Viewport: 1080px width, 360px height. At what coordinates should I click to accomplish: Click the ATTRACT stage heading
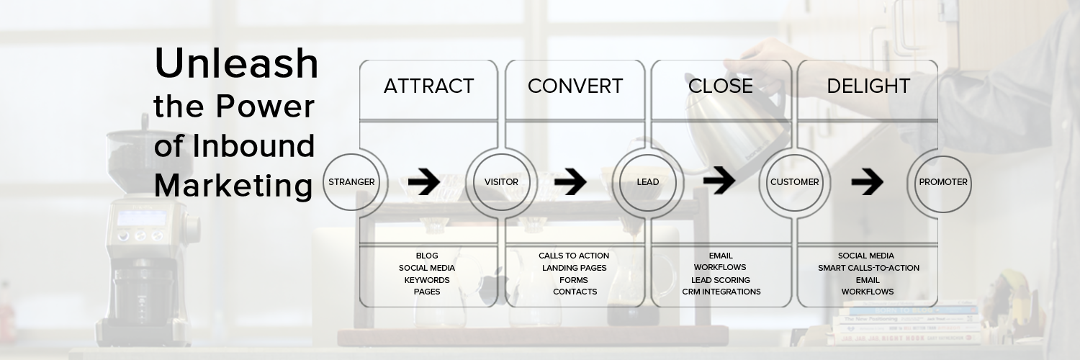[x=428, y=86]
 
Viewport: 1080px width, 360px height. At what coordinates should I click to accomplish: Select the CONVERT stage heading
[x=575, y=86]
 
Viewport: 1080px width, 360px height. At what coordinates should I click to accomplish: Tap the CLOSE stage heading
[x=720, y=86]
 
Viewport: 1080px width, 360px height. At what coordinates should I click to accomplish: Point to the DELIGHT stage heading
[x=868, y=86]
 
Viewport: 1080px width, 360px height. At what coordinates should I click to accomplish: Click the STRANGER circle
[x=351, y=182]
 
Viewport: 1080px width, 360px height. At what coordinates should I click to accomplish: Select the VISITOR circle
[x=501, y=182]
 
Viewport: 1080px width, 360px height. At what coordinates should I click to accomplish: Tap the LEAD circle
[x=647, y=182]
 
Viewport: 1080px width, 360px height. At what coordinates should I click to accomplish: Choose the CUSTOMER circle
[x=794, y=182]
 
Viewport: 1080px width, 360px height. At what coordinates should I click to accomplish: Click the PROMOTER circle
[x=943, y=182]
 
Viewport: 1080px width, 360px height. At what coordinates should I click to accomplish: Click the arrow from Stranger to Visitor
[x=424, y=183]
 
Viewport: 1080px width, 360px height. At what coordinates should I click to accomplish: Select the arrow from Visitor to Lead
[x=570, y=183]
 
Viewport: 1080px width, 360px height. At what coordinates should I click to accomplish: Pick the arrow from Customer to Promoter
[x=867, y=183]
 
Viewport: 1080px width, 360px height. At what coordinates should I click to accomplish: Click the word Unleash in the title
[x=236, y=64]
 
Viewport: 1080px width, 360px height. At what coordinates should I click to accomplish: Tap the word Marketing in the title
[x=233, y=186]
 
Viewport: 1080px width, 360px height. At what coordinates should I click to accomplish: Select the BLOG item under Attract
[x=427, y=256]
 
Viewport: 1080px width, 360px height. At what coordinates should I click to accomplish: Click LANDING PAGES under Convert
[x=575, y=268]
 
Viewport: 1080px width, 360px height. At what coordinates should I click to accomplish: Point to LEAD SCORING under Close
[x=721, y=280]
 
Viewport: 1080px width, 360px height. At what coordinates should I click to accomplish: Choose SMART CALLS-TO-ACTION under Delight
[x=868, y=268]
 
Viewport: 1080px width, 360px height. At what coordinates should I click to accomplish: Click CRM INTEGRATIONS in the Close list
[x=721, y=292]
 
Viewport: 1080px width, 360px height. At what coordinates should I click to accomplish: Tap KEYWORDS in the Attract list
[x=427, y=280]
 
